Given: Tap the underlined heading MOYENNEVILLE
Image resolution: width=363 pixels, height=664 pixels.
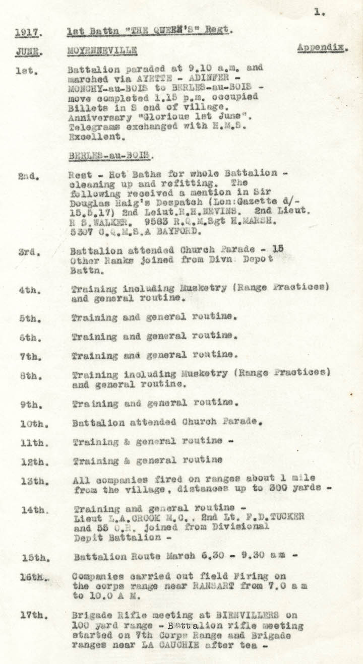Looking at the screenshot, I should click(x=102, y=51).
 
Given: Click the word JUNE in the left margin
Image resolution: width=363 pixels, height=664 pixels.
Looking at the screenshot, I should click(x=27, y=52).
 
